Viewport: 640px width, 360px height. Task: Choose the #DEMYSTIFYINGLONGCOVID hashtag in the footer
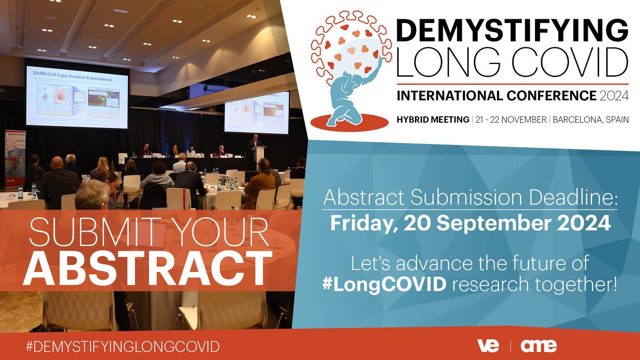pyautogui.click(x=123, y=346)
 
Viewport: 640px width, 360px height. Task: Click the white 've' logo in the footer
pyautogui.click(x=488, y=346)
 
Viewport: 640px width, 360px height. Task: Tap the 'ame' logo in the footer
pyautogui.click(x=538, y=346)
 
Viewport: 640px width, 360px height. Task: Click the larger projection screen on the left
pyautogui.click(x=77, y=96)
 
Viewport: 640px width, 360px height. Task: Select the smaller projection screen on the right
pyautogui.click(x=256, y=112)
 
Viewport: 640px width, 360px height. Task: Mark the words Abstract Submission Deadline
pyautogui.click(x=470, y=200)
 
